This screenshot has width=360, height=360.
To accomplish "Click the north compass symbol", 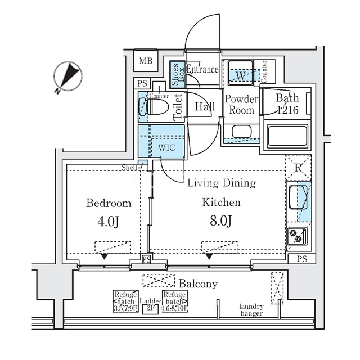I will (x=69, y=76).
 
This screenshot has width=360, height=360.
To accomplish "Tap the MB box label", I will (x=145, y=61).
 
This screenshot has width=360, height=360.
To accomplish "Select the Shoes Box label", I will (x=175, y=73).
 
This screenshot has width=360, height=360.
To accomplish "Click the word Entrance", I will (x=202, y=70).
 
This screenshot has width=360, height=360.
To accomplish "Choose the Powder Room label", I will (x=241, y=105).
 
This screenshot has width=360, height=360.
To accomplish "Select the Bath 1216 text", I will (x=287, y=105).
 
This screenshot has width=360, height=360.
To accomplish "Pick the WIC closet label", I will (x=166, y=147).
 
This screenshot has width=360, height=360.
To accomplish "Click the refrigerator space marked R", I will (x=298, y=166).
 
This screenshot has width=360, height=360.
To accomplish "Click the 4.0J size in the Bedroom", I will (x=109, y=222).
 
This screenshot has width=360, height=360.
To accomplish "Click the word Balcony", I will (x=198, y=283).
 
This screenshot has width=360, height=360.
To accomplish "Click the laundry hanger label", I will (x=251, y=309).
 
